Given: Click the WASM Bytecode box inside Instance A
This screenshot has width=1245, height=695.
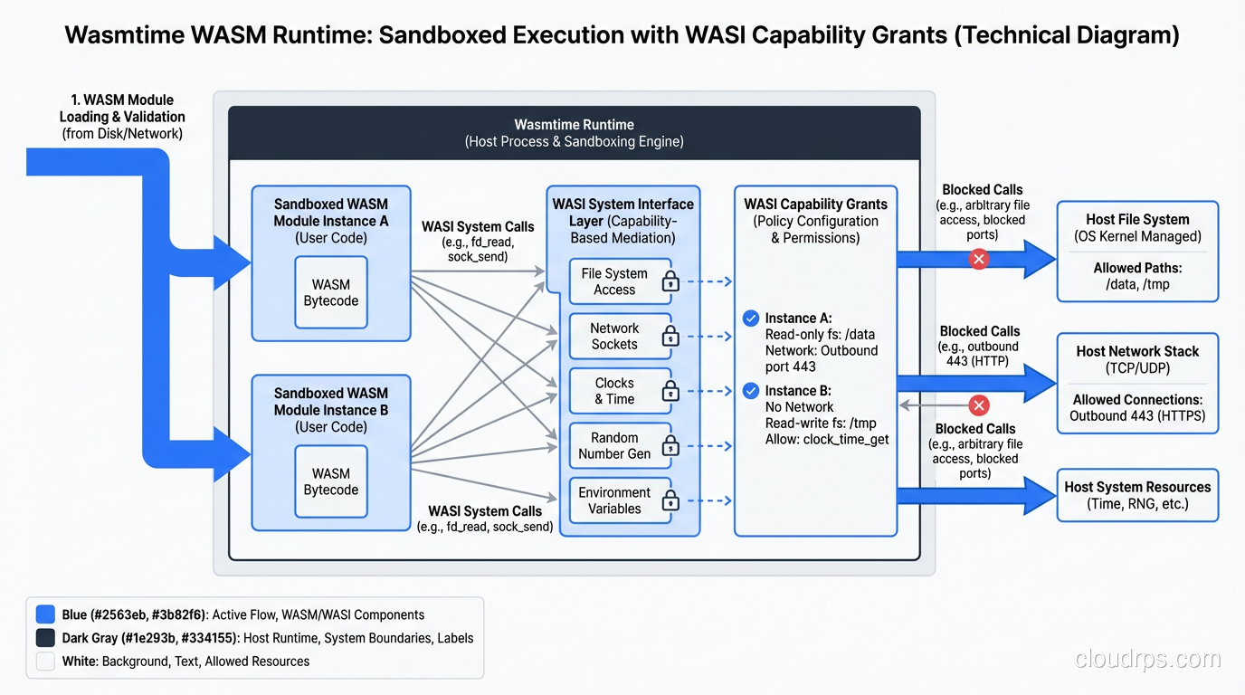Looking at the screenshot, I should (x=330, y=292).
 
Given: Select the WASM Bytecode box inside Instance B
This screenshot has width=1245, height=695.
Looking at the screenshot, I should (x=330, y=481).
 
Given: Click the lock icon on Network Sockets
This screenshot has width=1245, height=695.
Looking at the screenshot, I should (x=670, y=337).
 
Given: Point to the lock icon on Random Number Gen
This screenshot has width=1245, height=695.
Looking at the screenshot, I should (x=670, y=446).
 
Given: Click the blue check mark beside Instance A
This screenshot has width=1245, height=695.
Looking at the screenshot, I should (x=750, y=318).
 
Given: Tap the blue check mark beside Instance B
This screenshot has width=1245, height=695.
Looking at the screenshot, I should (x=750, y=391).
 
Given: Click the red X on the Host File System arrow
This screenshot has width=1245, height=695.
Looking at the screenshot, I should (x=978, y=260).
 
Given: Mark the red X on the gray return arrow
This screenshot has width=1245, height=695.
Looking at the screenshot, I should (x=978, y=405).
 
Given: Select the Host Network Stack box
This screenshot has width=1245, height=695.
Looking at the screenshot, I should (x=1137, y=383).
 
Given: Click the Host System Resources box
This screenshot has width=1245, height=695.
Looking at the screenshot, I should (x=1137, y=495).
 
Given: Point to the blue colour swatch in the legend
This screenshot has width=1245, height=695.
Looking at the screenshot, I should (x=45, y=614).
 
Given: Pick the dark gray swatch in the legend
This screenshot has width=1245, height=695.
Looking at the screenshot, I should (x=45, y=638).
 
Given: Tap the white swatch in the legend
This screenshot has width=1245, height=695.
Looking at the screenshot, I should (x=45, y=662).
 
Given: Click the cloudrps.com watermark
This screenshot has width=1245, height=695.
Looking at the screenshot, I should (x=1147, y=660).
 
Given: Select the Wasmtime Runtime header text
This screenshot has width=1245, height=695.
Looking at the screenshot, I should (x=574, y=132).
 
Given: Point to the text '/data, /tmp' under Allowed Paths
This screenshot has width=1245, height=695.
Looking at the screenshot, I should (x=1137, y=284).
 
